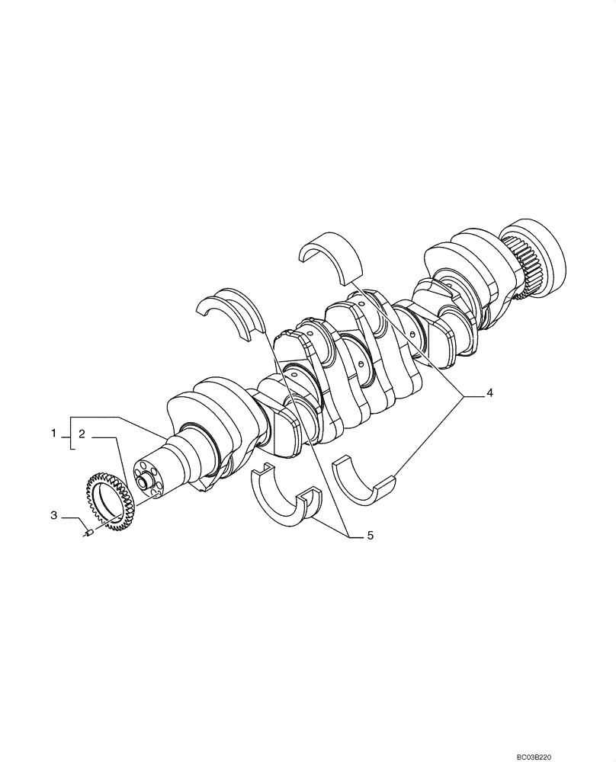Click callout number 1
(x=54, y=434)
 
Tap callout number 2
(x=82, y=434)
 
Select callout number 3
(x=54, y=515)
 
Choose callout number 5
(x=370, y=536)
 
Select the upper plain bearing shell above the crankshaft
(x=332, y=253)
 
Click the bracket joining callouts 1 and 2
(x=71, y=434)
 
